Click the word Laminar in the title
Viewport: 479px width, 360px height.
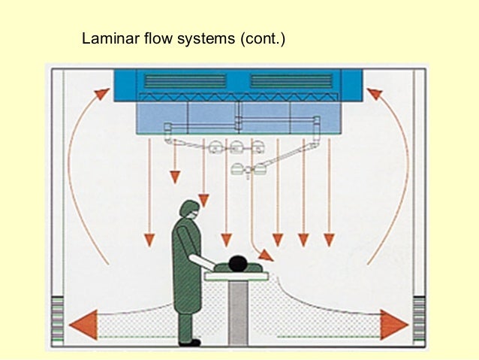(107, 38)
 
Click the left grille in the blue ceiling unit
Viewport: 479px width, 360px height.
(184, 81)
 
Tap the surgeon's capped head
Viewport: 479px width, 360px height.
(188, 210)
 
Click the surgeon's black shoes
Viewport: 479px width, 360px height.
(189, 342)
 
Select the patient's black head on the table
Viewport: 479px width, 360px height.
(238, 263)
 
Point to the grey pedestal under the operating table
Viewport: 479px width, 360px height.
(238, 312)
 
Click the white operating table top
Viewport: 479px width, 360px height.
(236, 276)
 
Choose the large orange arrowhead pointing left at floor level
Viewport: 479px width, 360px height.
(82, 324)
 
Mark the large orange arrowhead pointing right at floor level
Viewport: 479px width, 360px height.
(393, 324)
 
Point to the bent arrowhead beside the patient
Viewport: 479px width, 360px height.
(267, 256)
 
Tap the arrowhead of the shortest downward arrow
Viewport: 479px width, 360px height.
(174, 177)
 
